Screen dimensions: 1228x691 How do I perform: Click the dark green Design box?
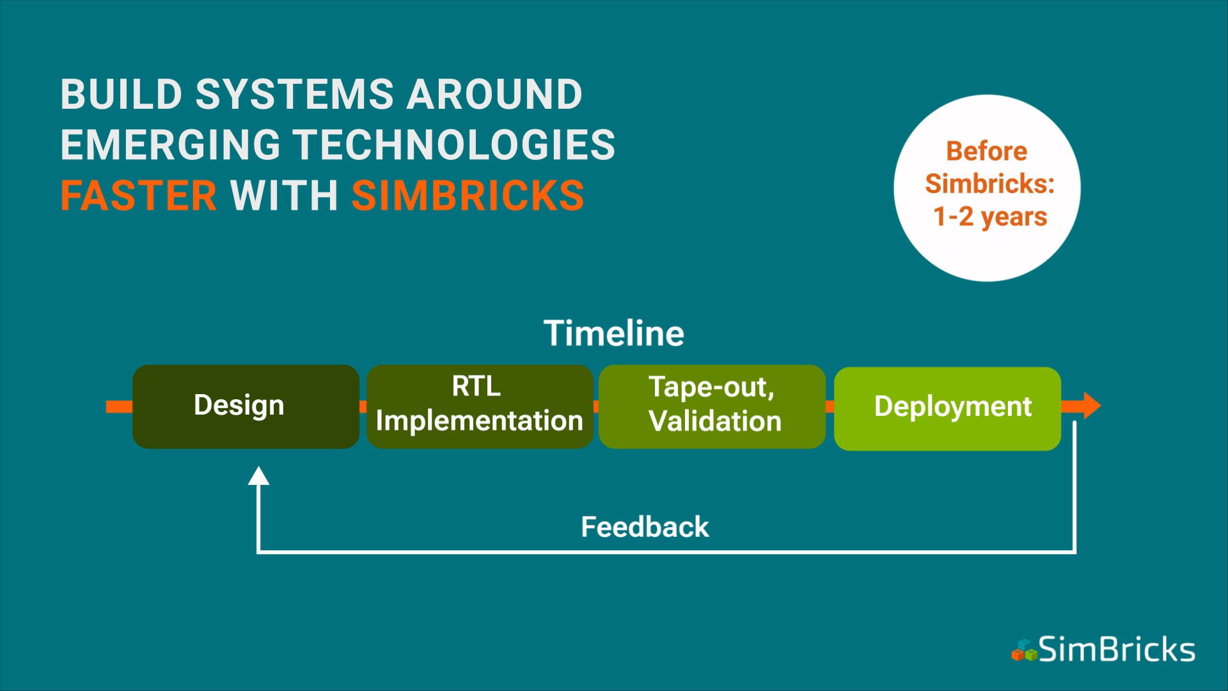pyautogui.click(x=246, y=406)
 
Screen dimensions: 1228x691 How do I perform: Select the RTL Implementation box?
pyautogui.click(x=480, y=406)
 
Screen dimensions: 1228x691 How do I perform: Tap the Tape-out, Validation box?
pyautogui.click(x=712, y=406)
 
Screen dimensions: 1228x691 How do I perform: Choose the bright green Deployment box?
pyautogui.click(x=947, y=408)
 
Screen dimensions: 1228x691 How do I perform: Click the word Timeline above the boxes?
pyautogui.click(x=614, y=333)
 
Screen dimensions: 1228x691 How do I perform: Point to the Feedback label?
pyautogui.click(x=645, y=527)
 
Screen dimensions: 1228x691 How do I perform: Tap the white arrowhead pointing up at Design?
pyautogui.click(x=258, y=475)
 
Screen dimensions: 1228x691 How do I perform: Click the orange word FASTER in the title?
pyautogui.click(x=139, y=196)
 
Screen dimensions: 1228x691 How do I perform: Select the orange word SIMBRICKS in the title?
pyautogui.click(x=468, y=196)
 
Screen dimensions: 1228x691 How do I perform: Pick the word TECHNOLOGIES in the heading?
pyautogui.click(x=454, y=145)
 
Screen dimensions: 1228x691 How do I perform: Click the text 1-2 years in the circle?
pyautogui.click(x=990, y=217)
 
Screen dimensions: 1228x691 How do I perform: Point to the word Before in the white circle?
pyautogui.click(x=987, y=151)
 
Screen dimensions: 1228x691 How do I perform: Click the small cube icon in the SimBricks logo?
pyautogui.click(x=1024, y=651)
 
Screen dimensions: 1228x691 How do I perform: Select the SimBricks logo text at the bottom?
pyautogui.click(x=1117, y=649)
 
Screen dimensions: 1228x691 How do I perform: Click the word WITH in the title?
pyautogui.click(x=284, y=196)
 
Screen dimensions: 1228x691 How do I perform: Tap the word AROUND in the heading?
pyautogui.click(x=494, y=94)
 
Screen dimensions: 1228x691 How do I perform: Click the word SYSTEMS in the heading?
pyautogui.click(x=295, y=94)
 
